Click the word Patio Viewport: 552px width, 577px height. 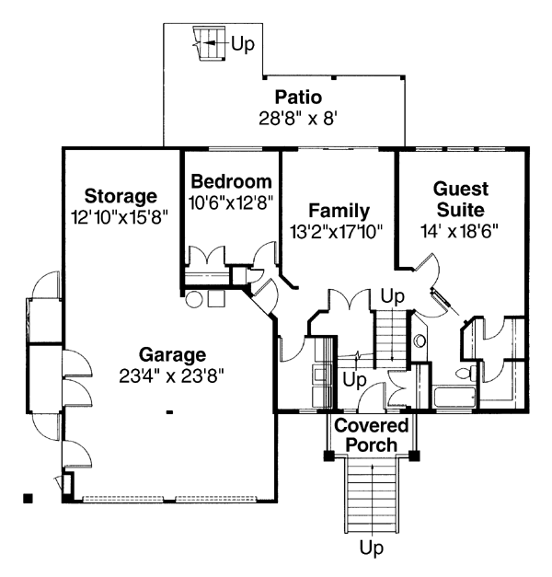[x=298, y=98]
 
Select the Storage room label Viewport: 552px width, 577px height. [x=121, y=196]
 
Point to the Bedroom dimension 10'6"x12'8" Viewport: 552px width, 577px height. [x=230, y=202]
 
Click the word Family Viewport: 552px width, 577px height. [x=339, y=211]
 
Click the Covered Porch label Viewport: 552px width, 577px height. [x=365, y=435]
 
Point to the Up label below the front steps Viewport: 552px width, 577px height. [x=371, y=549]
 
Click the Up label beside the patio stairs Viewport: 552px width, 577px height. [x=243, y=43]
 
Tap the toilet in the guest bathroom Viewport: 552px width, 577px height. [x=463, y=375]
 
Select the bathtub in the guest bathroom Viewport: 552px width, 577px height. [x=453, y=398]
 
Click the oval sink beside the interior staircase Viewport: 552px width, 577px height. [x=420, y=340]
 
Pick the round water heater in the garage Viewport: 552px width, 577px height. [x=194, y=299]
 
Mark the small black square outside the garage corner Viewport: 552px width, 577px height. [x=29, y=499]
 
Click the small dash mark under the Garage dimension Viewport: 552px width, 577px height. [x=169, y=413]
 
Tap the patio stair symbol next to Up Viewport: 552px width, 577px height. [x=208, y=42]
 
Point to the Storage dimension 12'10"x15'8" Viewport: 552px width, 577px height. [x=121, y=216]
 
